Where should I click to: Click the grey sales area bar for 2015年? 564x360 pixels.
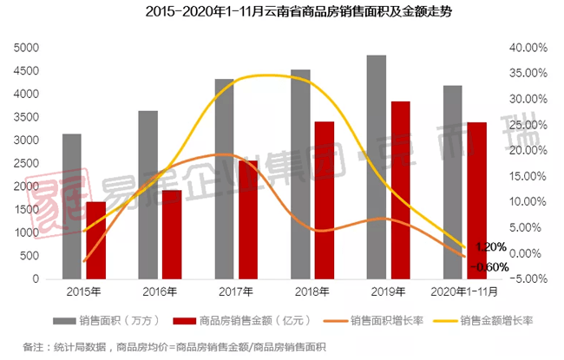pos(72,208)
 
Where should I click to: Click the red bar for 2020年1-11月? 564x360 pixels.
pos(475,202)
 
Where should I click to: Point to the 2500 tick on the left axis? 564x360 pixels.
pos(26,163)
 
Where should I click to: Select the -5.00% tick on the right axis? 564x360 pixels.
pos(528,279)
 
